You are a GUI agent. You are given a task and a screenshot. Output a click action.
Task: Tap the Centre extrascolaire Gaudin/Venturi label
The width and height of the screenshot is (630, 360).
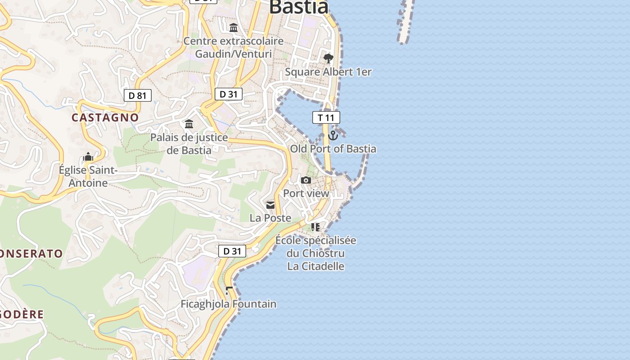pyautogui.click(x=234, y=48)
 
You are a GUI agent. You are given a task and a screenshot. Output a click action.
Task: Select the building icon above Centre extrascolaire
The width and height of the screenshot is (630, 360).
pyautogui.click(x=234, y=28)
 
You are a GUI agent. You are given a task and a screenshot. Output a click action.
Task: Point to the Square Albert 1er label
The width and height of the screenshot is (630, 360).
pyautogui.click(x=328, y=72)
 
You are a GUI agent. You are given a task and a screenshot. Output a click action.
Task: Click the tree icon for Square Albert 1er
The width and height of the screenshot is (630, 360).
pyautogui.click(x=328, y=58)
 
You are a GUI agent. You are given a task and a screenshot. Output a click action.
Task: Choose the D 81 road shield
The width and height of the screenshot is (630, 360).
pyautogui.click(x=138, y=95)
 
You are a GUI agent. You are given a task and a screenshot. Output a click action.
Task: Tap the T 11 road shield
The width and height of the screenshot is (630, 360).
pyautogui.click(x=326, y=118)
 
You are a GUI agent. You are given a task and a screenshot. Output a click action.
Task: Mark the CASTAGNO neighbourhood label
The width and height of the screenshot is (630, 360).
pyautogui.click(x=105, y=117)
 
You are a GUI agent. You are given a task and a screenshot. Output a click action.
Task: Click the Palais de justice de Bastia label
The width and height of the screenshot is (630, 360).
pyautogui.click(x=189, y=144)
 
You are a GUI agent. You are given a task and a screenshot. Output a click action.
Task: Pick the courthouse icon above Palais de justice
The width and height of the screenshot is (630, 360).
pyautogui.click(x=189, y=124)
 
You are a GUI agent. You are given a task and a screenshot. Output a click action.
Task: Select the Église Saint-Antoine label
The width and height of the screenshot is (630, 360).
pyautogui.click(x=88, y=176)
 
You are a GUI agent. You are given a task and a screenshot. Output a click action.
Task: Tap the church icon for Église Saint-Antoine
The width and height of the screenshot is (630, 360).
pyautogui.click(x=88, y=157)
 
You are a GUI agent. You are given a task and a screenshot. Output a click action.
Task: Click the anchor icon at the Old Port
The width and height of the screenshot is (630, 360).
pyautogui.click(x=333, y=135)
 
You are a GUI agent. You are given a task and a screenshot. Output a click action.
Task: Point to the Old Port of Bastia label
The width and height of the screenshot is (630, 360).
pyautogui.click(x=333, y=149)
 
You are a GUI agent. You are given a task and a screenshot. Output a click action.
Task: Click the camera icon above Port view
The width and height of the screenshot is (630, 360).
pyautogui.click(x=306, y=180)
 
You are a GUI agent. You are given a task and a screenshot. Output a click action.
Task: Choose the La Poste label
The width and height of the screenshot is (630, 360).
pyautogui.click(x=270, y=218)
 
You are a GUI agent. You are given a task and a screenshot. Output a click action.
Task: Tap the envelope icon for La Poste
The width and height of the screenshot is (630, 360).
pyautogui.click(x=270, y=205)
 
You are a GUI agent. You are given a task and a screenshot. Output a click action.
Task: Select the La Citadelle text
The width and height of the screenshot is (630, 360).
pyautogui.click(x=316, y=266)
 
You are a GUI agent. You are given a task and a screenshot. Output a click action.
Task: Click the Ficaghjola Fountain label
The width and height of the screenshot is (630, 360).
pyautogui.click(x=229, y=304)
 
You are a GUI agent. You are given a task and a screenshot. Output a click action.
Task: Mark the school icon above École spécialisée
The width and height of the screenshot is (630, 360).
pyautogui.click(x=315, y=227)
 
